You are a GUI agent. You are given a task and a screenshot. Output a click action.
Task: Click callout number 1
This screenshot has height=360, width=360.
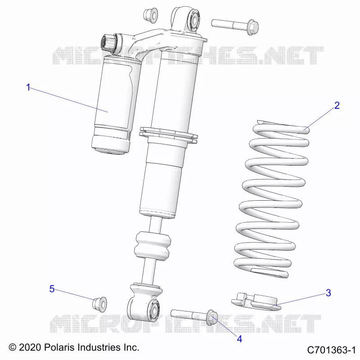click(x=28, y=87)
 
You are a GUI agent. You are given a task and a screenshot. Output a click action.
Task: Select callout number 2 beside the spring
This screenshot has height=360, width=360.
click(x=337, y=105)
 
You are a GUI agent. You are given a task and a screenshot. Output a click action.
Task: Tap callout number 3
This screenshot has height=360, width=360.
click(x=328, y=293)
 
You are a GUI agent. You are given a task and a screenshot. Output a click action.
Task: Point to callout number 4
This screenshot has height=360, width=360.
click(x=239, y=339)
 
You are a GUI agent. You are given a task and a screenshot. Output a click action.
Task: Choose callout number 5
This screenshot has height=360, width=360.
click(x=52, y=289)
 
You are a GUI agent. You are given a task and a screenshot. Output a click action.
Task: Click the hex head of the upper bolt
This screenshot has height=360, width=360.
click(x=253, y=27)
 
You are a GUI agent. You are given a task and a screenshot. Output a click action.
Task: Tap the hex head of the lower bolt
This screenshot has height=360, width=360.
click(x=212, y=317)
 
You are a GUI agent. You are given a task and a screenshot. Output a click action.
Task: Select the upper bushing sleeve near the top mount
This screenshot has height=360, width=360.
click(x=151, y=15)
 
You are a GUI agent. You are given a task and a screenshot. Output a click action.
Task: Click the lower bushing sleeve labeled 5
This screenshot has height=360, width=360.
click(x=99, y=305)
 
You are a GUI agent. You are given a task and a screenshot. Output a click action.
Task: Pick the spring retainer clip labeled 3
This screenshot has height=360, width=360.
click(x=256, y=301)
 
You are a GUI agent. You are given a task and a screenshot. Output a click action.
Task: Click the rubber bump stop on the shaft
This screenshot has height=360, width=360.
click(x=153, y=246)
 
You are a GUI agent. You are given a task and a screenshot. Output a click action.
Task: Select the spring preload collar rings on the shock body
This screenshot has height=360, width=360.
click(x=168, y=135)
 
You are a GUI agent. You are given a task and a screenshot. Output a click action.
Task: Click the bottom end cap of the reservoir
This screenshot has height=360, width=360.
click(x=111, y=144)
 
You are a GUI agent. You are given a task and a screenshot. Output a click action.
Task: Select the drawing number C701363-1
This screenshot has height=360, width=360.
click(x=331, y=350)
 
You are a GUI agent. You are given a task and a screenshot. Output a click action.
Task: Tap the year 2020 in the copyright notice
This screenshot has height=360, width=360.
click(x=30, y=347)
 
